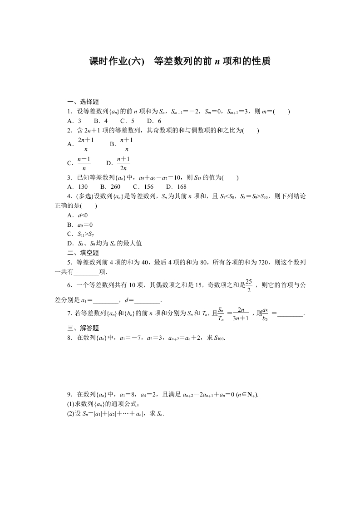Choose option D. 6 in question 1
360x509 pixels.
(154, 121)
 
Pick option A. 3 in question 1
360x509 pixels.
(74, 121)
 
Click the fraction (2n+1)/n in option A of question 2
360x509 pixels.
(86, 144)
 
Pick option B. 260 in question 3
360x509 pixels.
(110, 187)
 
